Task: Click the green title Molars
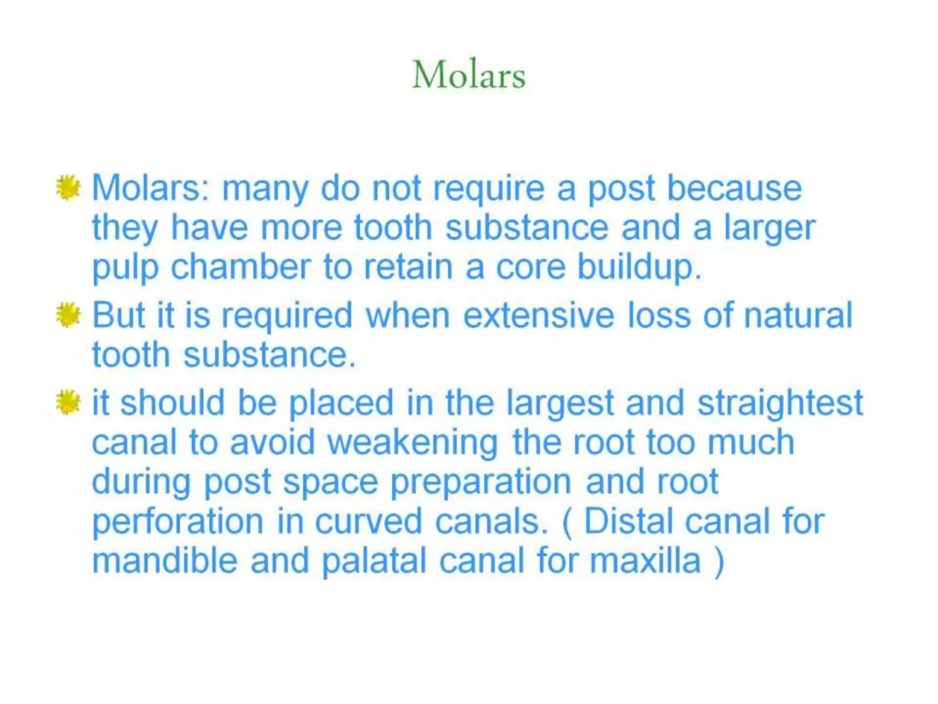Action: (x=469, y=75)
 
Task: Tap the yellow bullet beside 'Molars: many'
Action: (x=68, y=188)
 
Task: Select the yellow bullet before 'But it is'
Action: (x=68, y=315)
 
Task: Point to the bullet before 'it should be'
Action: (x=68, y=402)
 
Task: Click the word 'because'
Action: (x=734, y=188)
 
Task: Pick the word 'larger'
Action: (x=769, y=228)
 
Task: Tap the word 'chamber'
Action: (x=241, y=268)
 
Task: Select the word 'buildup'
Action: (x=637, y=268)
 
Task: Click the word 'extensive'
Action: (x=539, y=315)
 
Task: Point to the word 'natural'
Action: (x=798, y=315)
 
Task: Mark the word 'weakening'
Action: (x=413, y=443)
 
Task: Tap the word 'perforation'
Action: (x=178, y=522)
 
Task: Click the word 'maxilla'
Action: (x=645, y=561)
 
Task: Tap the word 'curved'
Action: (x=368, y=522)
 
